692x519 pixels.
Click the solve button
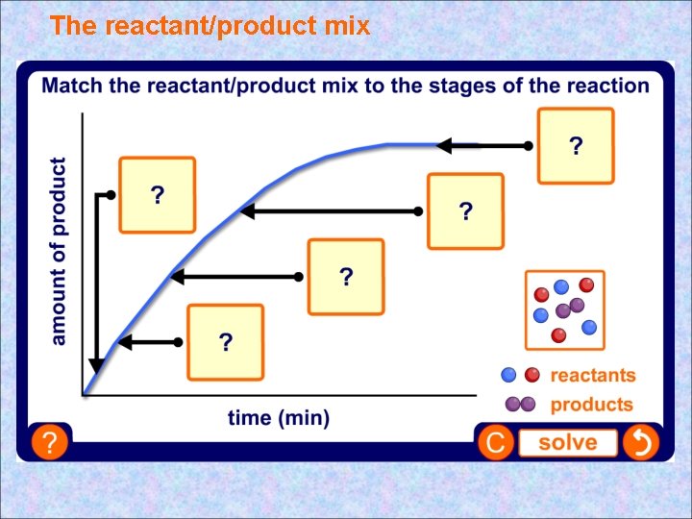coord(567,443)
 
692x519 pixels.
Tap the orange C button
coord(496,443)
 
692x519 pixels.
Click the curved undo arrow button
coord(640,443)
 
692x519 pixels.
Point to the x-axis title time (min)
coord(279,418)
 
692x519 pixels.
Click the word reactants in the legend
coord(592,376)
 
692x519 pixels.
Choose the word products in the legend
coord(591,405)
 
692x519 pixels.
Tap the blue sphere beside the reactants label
coord(509,375)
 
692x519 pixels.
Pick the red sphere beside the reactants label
coord(531,375)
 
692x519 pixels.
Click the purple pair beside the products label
coord(520,404)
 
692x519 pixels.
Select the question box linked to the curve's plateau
coord(576,146)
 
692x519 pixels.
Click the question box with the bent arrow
coord(157,195)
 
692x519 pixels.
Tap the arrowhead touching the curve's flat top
coord(445,146)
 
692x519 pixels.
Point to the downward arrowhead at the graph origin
coord(96,366)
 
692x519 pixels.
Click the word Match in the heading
coord(73,86)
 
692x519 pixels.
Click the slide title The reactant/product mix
coord(210,26)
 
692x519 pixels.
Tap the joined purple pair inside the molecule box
coord(569,309)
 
